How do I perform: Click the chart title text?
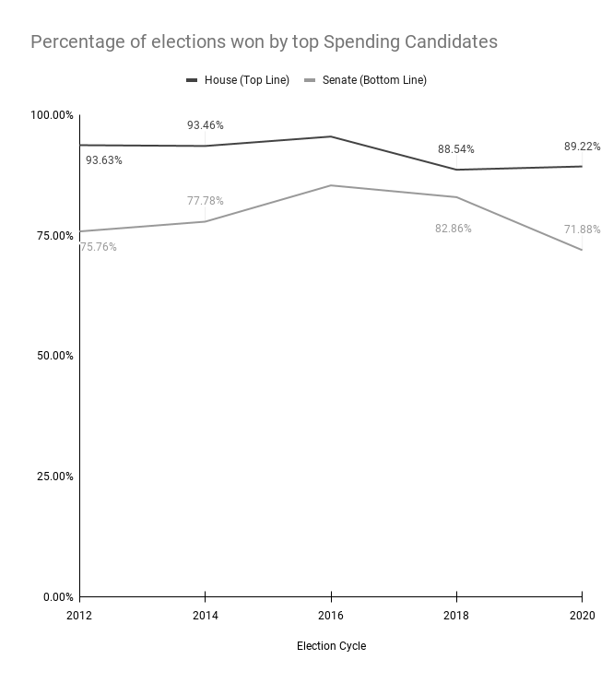(264, 42)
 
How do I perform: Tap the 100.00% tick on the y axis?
(52, 115)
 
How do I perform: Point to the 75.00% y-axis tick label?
(53, 236)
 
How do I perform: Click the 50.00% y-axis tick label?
(53, 356)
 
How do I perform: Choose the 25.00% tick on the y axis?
(53, 477)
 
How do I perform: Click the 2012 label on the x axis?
(79, 616)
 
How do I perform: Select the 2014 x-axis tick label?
(205, 616)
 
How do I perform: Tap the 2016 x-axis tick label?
(331, 616)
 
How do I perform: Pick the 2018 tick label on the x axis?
(456, 616)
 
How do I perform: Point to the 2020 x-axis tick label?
(582, 616)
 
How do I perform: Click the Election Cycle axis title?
(331, 646)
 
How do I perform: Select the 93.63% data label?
(104, 160)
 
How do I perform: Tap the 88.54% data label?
(455, 149)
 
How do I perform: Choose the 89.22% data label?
(582, 147)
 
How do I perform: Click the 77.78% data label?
(205, 201)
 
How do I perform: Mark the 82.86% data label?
(453, 229)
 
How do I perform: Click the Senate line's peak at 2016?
(331, 185)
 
